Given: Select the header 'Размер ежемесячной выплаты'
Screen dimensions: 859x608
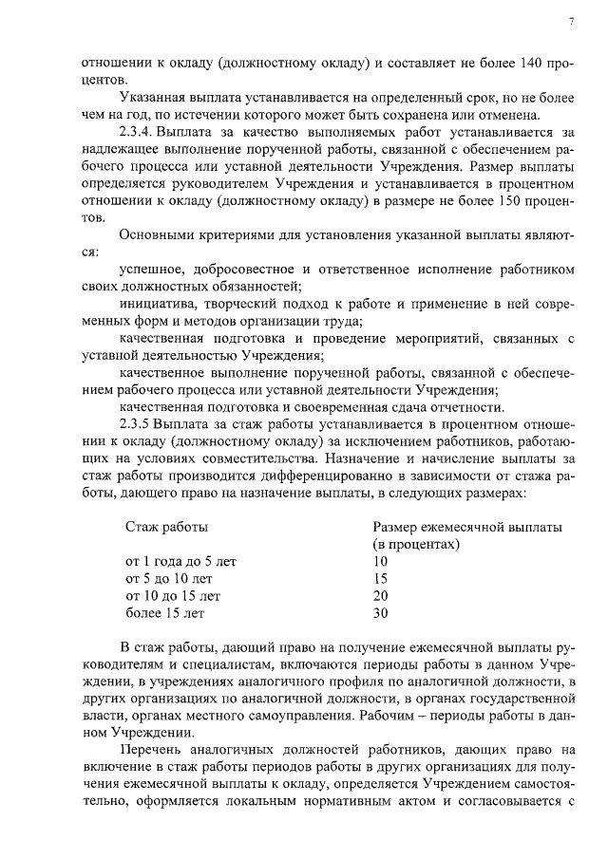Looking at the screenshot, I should coord(466,527).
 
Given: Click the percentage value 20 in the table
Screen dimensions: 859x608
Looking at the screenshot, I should coord(381,595).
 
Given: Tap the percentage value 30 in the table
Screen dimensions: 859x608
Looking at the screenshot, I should coord(381,612).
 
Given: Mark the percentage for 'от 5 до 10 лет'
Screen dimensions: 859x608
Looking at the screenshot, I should coord(381,578).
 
